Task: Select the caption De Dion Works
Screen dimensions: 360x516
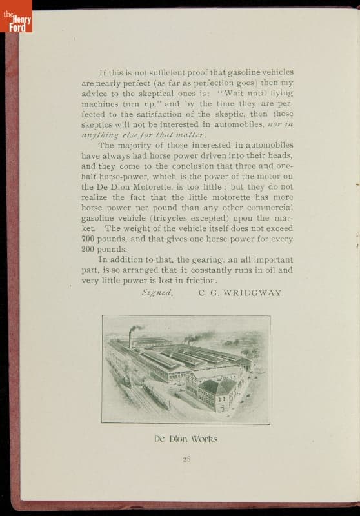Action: pyautogui.click(x=186, y=439)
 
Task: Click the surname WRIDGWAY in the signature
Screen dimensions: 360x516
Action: pyautogui.click(x=257, y=292)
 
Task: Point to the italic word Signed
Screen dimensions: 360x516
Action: pyautogui.click(x=157, y=292)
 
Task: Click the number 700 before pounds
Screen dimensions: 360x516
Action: pyautogui.click(x=89, y=239)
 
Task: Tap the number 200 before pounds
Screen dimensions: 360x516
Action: pyautogui.click(x=89, y=249)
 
